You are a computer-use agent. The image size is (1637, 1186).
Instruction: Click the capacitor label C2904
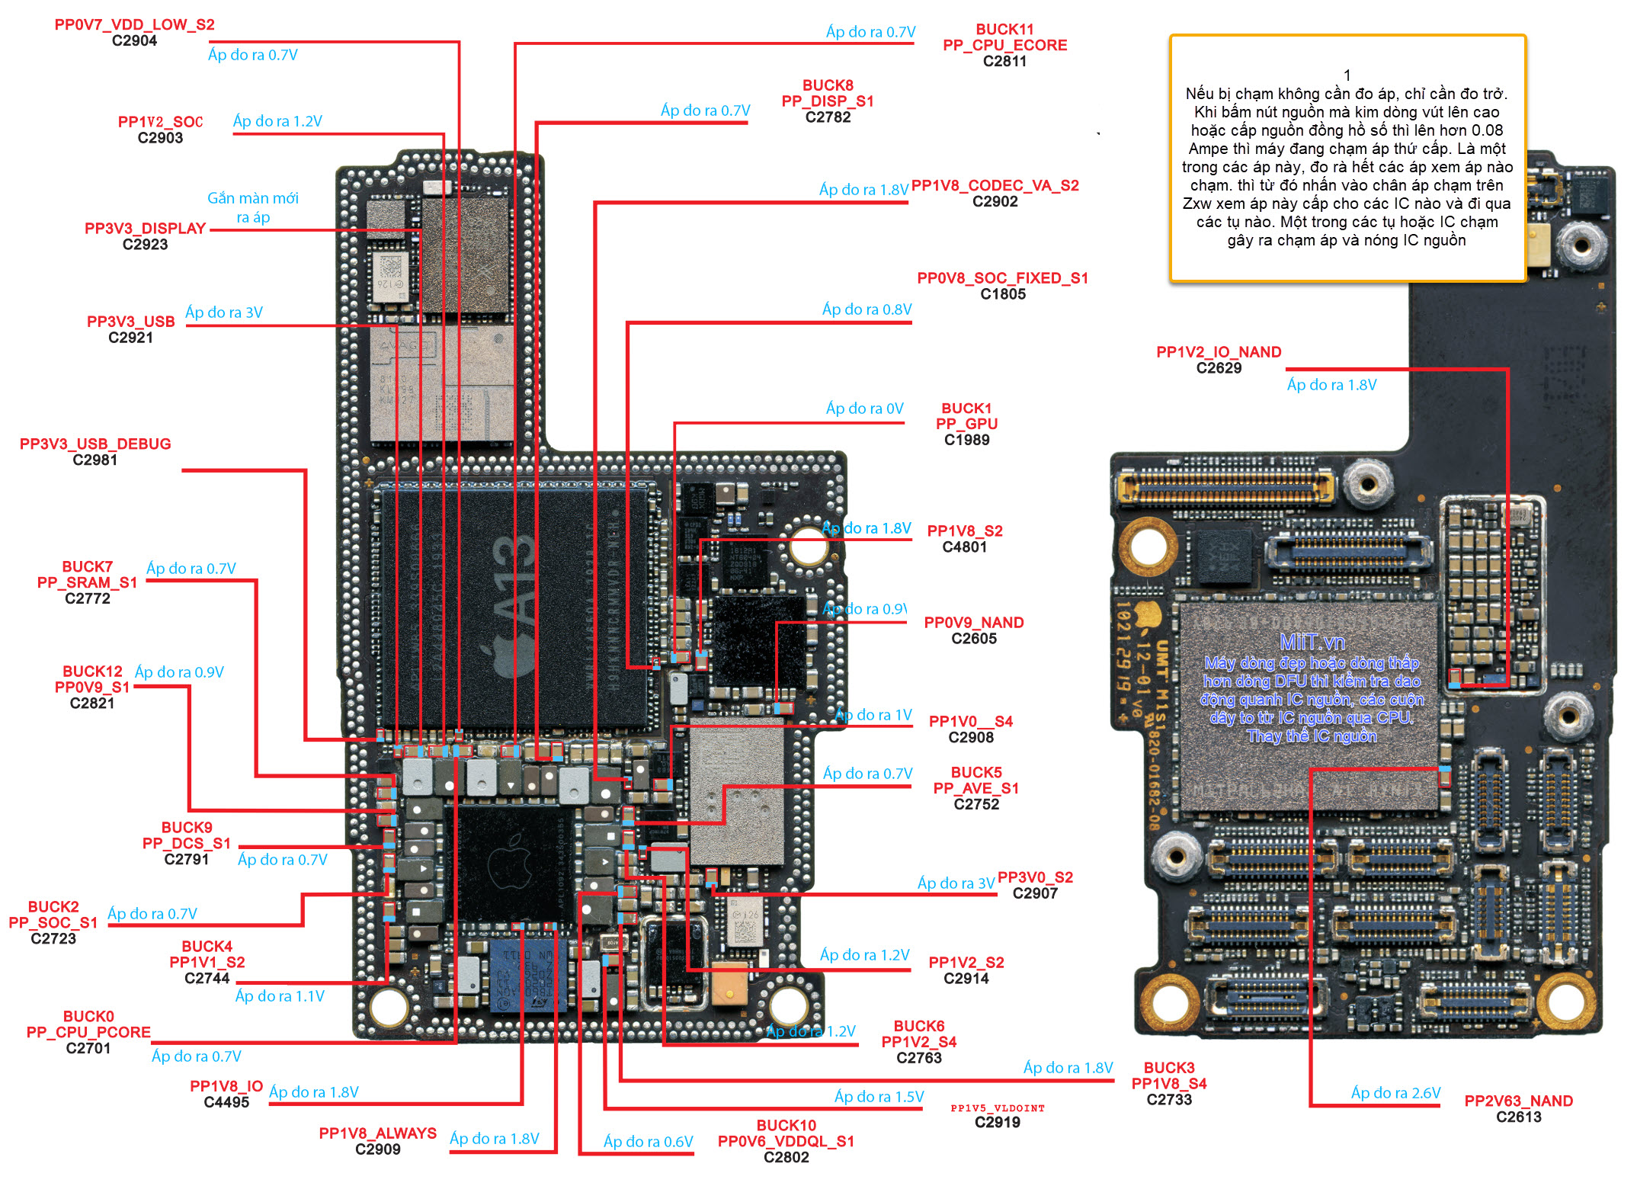[134, 41]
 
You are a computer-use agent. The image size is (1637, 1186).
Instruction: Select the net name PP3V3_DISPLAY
[145, 228]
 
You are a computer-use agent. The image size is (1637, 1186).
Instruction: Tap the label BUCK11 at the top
[1004, 29]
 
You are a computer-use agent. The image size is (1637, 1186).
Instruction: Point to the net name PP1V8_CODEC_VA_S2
[995, 185]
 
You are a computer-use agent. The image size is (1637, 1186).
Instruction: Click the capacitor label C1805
[1003, 294]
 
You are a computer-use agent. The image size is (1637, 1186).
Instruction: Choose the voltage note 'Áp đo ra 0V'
[864, 409]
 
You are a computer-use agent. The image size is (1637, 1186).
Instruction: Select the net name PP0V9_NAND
[973, 623]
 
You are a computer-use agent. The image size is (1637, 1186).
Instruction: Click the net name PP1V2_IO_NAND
[1218, 352]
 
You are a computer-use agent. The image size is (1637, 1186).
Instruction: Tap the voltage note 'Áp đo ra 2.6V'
[1395, 1093]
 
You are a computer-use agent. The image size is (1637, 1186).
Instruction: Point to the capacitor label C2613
[1518, 1117]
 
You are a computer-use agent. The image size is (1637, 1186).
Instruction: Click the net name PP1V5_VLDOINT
[997, 1108]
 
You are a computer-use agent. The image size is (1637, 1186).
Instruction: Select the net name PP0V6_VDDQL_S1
[786, 1141]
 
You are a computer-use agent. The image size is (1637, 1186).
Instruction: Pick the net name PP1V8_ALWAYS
[377, 1133]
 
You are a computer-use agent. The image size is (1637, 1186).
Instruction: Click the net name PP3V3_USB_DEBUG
[95, 444]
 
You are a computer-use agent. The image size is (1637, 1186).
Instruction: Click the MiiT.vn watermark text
[1312, 642]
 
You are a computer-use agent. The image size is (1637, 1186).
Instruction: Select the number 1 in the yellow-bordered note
[1347, 75]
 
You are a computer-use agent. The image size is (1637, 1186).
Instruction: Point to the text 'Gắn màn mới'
[253, 198]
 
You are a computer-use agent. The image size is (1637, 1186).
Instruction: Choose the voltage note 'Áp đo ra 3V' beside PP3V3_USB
[223, 313]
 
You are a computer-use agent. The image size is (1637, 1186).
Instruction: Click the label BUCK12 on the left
[92, 672]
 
